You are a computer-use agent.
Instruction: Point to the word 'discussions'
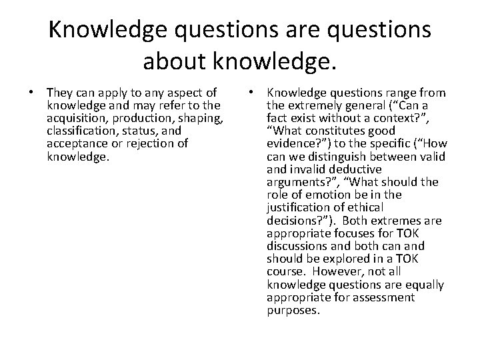pyautogui.click(x=297, y=246)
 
